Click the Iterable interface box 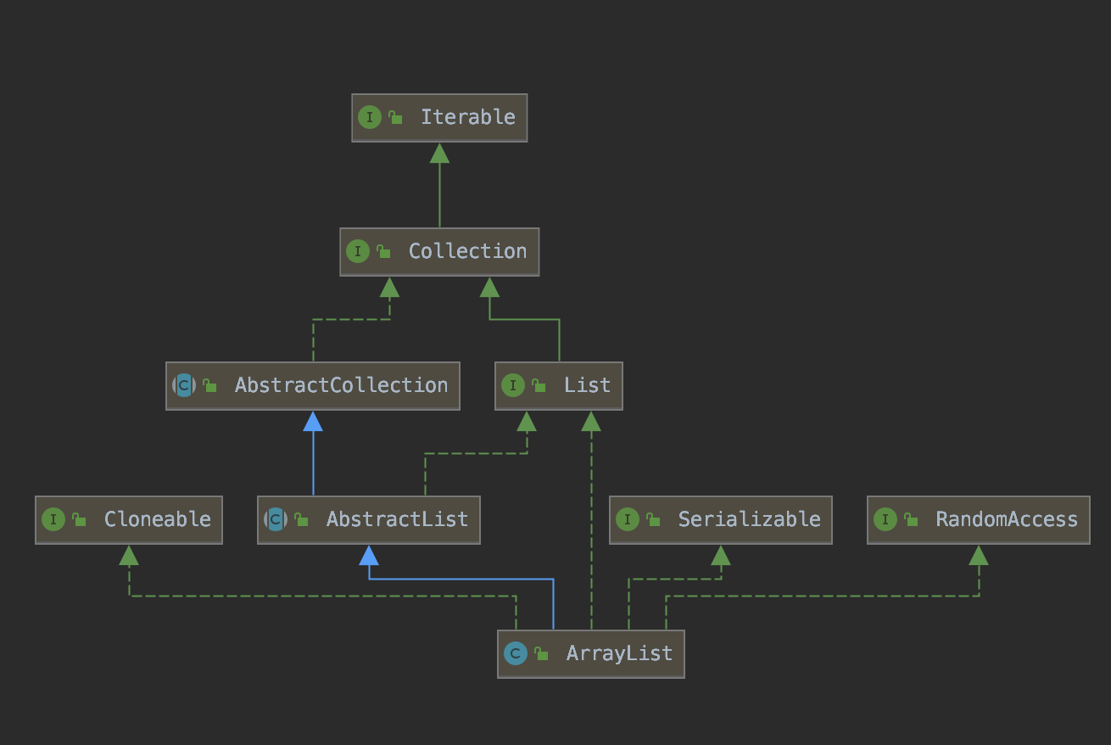click(439, 118)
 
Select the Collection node click(439, 252)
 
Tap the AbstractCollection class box click(313, 386)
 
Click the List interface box click(559, 386)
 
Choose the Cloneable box click(129, 520)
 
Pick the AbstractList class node click(369, 520)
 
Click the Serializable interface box click(721, 520)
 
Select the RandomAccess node click(979, 520)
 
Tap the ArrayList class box click(591, 654)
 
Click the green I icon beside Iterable click(369, 117)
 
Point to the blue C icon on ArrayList click(515, 653)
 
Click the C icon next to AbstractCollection click(184, 385)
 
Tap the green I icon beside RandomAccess click(885, 519)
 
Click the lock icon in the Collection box click(383, 251)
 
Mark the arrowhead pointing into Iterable click(439, 153)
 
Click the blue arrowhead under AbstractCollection click(313, 421)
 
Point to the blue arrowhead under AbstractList click(369, 555)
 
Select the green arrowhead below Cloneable click(129, 555)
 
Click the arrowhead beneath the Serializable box click(721, 555)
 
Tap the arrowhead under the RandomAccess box click(979, 555)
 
